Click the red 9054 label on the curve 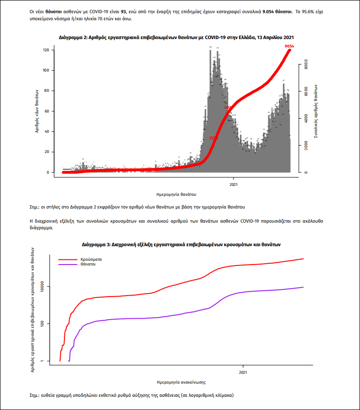pos(289,46)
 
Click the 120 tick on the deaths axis pos(46,50)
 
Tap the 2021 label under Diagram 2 pos(234,184)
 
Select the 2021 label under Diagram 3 pos(243,372)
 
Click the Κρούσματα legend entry pos(91,259)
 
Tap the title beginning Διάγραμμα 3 pos(181,245)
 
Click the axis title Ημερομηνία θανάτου pos(176,194)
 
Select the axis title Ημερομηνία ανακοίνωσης pos(181,382)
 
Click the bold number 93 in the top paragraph pos(124,10)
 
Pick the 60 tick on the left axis pos(46,111)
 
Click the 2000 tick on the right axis pos(306,146)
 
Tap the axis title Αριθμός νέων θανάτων pos(37,112)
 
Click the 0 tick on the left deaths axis pos(48,172)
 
